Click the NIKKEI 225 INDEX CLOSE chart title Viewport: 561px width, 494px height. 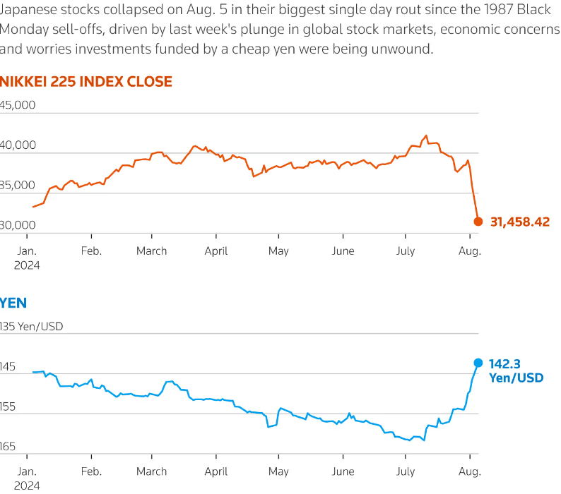[x=85, y=81]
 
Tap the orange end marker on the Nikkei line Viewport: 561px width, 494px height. [x=478, y=222]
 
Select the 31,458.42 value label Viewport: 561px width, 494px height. [x=519, y=222]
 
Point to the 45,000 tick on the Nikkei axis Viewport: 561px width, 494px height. [x=17, y=105]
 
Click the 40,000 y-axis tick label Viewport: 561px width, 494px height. [x=17, y=145]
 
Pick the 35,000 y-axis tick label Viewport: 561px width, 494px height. [x=17, y=185]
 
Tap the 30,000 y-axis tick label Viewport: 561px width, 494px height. [x=17, y=225]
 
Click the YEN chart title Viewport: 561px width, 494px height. [x=13, y=303]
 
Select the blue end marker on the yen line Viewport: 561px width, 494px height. [x=478, y=363]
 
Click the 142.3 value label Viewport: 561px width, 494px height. [x=504, y=364]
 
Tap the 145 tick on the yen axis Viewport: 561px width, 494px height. [x=10, y=367]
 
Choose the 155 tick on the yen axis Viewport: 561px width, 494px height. [x=10, y=407]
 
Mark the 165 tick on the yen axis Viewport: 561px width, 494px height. [x=10, y=447]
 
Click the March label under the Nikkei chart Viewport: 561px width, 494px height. [x=152, y=251]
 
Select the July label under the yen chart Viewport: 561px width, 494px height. [x=406, y=471]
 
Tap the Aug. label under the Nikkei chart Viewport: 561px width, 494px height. [x=469, y=251]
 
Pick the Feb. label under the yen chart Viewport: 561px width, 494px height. [x=91, y=471]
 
